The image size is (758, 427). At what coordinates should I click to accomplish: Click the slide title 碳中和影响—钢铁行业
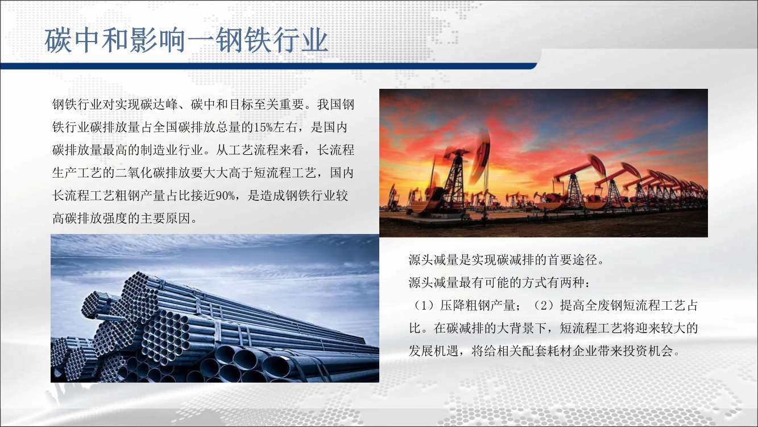(x=186, y=40)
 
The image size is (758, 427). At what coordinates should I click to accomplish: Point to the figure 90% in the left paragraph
(x=225, y=195)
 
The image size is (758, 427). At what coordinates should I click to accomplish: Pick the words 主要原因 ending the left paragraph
(x=165, y=219)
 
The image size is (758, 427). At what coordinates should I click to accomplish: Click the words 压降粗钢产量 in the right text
(x=478, y=306)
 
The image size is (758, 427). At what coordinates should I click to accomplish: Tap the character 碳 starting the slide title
(x=58, y=40)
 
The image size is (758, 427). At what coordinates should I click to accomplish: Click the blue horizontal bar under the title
(x=268, y=66)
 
